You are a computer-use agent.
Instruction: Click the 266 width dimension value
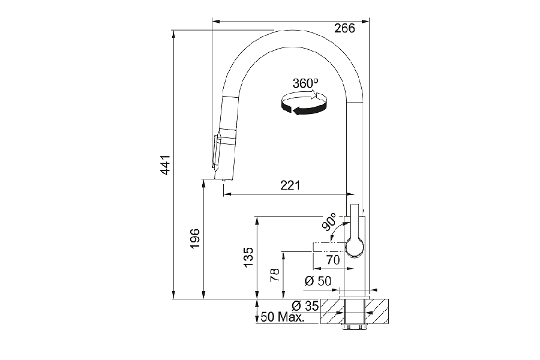point(344,28)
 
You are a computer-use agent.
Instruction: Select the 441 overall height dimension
point(166,164)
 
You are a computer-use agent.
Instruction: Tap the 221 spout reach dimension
point(290,185)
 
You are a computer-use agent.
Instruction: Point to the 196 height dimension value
point(195,238)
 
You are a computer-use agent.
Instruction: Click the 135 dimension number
point(248,256)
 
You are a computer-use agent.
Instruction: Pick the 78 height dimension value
point(275,275)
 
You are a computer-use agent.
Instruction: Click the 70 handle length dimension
point(333,260)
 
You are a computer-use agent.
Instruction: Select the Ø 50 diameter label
point(318,281)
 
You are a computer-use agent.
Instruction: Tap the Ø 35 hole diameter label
point(305,305)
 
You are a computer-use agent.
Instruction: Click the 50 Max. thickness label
point(283,317)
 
